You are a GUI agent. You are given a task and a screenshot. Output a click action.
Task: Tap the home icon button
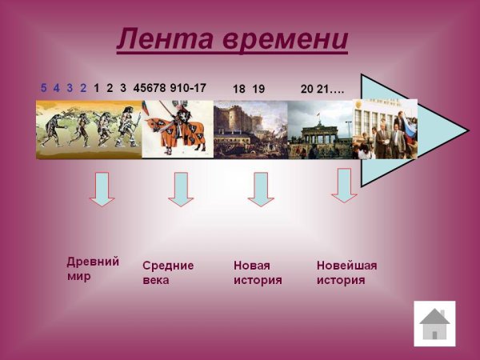[x=434, y=323]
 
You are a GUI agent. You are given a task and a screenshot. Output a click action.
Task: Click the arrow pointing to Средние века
[x=181, y=188]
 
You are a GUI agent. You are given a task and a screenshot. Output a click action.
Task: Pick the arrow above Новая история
[x=261, y=188]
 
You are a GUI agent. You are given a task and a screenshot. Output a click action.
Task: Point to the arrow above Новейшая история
[x=344, y=184]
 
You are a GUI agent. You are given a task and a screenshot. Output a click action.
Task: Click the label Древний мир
[x=93, y=269]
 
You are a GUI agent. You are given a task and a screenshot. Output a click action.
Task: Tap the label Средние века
[x=168, y=273]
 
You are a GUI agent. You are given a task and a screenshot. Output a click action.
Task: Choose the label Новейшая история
[x=346, y=273]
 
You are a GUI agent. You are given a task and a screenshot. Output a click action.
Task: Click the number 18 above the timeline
[x=239, y=89]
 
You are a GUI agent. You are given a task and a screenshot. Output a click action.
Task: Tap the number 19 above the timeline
[x=258, y=89]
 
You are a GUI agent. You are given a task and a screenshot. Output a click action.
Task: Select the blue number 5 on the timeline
[x=44, y=88]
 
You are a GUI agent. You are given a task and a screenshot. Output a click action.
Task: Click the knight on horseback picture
[x=178, y=128]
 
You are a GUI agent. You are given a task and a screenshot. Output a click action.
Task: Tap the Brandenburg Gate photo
[x=320, y=128]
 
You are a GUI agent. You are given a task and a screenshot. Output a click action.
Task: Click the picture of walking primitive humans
[x=89, y=128]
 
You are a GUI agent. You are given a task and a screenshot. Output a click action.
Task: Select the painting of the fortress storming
[x=250, y=128]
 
